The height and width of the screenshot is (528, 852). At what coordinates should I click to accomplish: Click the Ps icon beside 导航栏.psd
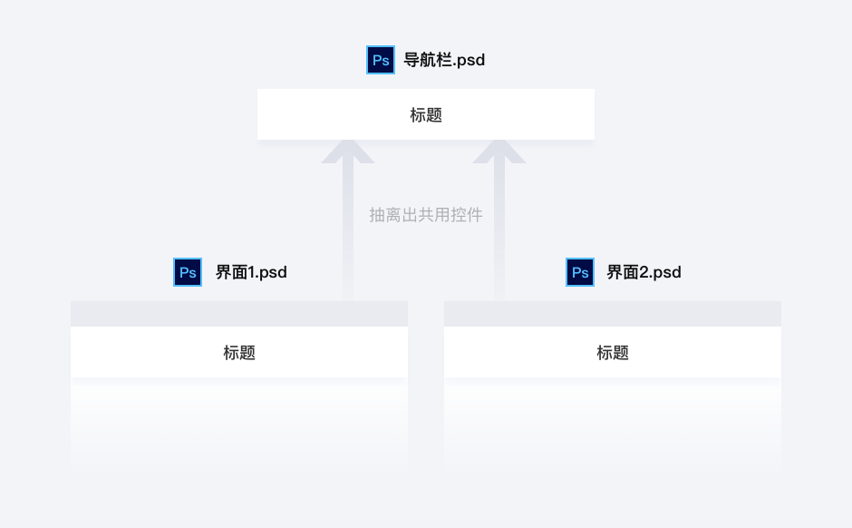[381, 60]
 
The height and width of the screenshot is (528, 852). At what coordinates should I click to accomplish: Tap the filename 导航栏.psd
[444, 60]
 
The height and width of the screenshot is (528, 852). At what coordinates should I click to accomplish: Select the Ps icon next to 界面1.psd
[188, 272]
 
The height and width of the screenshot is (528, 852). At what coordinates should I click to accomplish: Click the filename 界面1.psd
[251, 272]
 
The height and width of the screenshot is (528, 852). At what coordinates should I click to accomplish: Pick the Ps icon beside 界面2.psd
[580, 272]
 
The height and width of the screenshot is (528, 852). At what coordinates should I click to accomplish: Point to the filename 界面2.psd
[644, 272]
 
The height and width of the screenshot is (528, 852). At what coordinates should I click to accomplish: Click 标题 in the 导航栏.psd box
[426, 115]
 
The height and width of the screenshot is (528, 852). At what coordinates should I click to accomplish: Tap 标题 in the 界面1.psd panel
[239, 353]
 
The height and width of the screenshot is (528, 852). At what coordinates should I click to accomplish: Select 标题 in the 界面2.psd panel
[613, 353]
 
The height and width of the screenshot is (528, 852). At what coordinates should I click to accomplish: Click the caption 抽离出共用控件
[426, 215]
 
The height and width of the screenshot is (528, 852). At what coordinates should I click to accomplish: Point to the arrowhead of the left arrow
[348, 152]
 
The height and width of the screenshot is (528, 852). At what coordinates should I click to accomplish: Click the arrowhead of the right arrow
[499, 152]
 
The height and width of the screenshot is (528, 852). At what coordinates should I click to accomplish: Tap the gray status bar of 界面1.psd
[239, 314]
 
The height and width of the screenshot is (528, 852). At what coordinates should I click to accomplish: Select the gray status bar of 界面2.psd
[613, 314]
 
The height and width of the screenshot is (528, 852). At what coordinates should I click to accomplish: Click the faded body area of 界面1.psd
[239, 422]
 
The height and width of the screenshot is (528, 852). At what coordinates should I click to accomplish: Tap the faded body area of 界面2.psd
[613, 422]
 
